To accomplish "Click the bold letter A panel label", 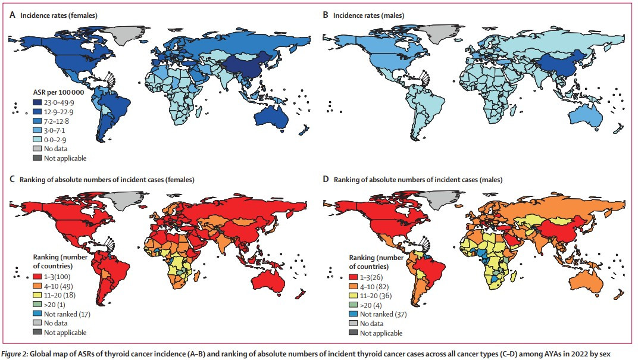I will coord(12,15).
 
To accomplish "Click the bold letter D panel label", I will coord(326,179).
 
